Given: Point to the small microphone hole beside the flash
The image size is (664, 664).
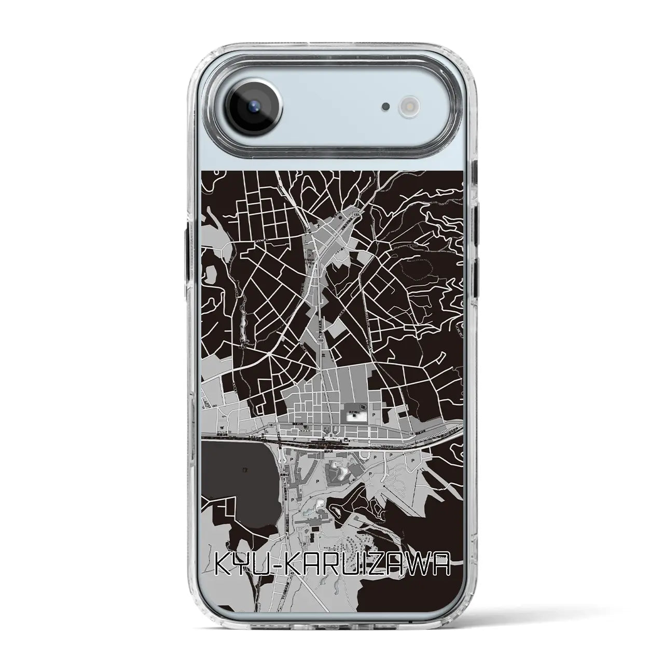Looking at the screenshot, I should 385,106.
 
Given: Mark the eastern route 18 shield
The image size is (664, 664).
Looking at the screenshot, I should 411,432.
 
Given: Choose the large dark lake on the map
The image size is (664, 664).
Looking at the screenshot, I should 233,477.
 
